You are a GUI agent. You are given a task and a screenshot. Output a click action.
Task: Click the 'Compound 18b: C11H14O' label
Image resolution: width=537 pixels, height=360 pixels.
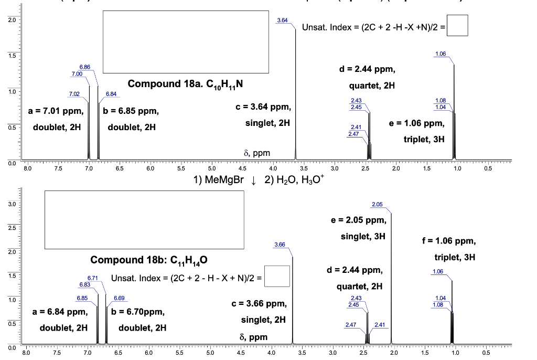coord(151,260)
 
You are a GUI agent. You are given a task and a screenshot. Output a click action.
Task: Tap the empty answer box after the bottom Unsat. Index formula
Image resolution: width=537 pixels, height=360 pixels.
coord(278,277)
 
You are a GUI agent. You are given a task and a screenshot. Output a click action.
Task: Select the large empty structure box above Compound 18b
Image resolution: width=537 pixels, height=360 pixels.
coord(144,219)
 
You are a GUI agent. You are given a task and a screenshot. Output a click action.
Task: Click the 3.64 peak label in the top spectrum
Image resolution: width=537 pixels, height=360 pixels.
coord(282,20)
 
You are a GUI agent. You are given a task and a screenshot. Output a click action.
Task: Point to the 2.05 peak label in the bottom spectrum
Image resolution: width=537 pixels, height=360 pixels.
coord(377,204)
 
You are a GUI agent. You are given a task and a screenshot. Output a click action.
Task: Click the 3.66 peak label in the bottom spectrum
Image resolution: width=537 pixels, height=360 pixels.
coord(280,245)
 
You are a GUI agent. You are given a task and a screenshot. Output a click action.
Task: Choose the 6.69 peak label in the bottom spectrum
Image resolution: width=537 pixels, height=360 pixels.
coord(119,298)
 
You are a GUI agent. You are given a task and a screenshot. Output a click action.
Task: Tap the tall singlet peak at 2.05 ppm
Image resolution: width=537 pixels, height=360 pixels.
coord(391,278)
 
